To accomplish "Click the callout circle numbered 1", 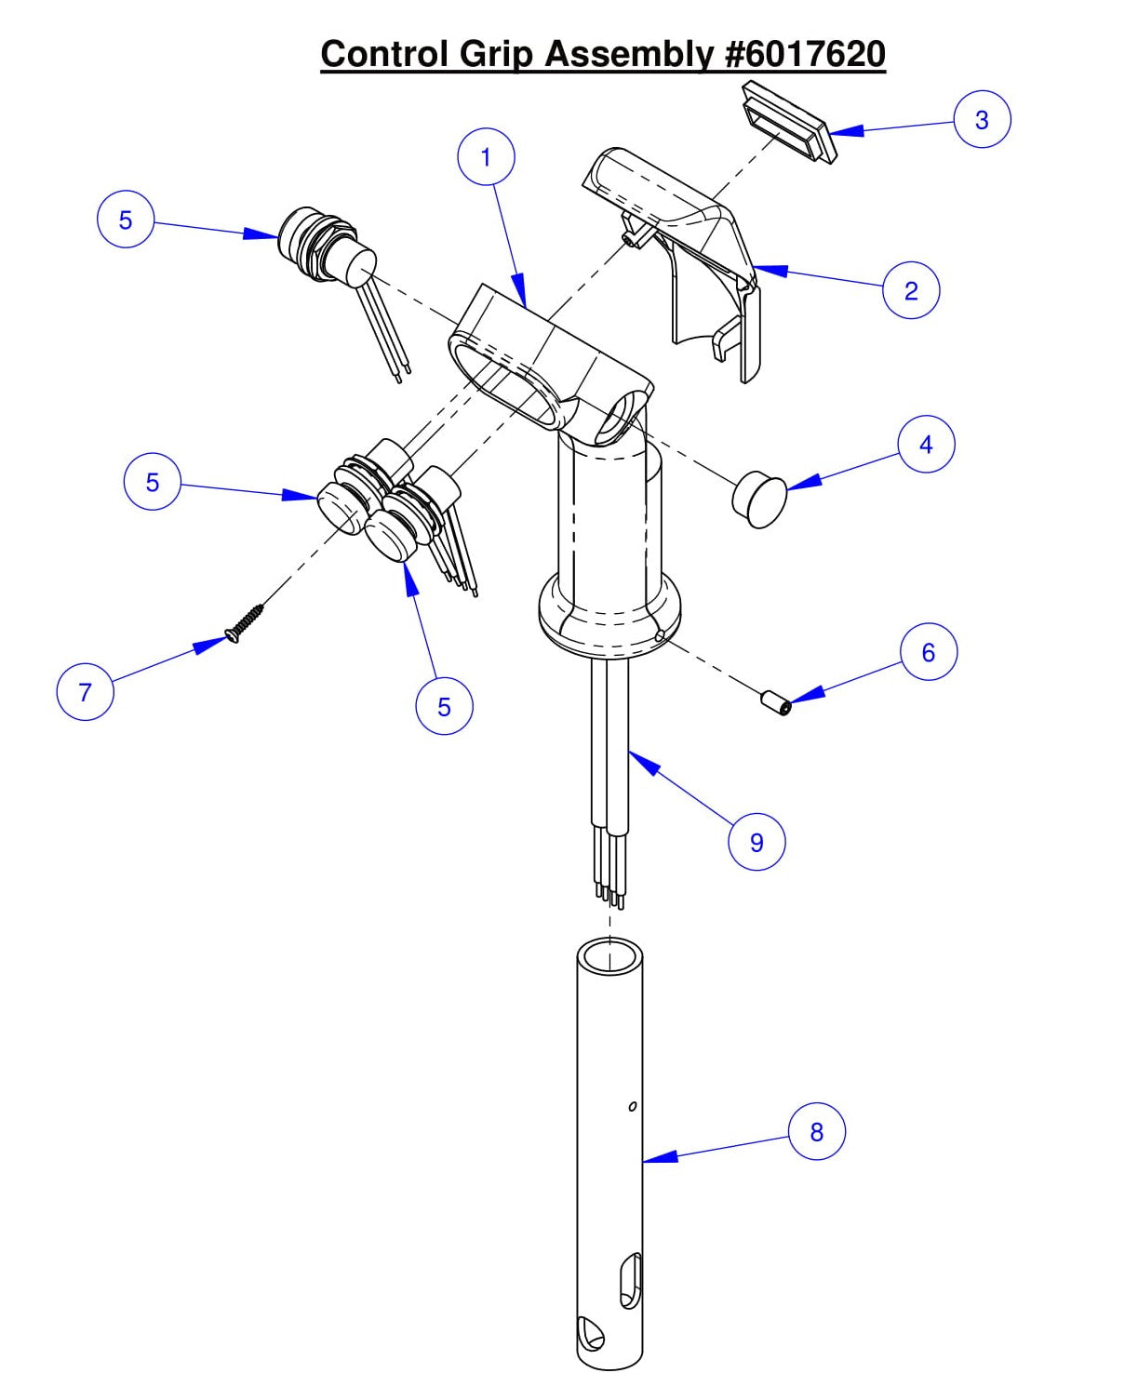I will pos(486,157).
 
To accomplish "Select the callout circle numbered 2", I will pos(911,290).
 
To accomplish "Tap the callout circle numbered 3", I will pos(982,119).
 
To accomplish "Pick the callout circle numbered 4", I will pos(926,445).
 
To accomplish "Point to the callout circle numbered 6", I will pos(928,652).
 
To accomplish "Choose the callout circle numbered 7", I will pos(86,691).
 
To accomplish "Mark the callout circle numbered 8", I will pos(816,1131).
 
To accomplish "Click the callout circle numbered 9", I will pos(756,842).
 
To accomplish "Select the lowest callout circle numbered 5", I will pos(444,706).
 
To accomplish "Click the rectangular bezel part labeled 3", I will pos(786,122).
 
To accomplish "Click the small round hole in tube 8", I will pos(633,1106).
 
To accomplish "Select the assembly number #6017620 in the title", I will pos(804,54).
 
